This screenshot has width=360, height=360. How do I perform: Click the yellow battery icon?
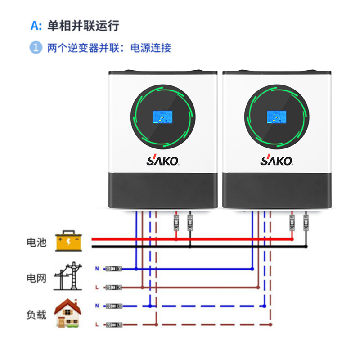pos(69,241)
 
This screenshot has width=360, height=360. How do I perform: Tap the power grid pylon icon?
pos(68,276)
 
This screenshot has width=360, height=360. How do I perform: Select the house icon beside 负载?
pos(68,313)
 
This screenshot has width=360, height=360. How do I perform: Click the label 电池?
pos(36,243)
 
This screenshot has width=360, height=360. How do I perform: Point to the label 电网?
pos(36,278)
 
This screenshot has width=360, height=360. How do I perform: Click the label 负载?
pos(36,315)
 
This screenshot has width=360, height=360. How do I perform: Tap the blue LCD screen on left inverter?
pos(163,117)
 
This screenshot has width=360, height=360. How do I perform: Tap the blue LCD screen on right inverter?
pos(276,117)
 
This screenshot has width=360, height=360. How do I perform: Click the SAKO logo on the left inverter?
pos(163,160)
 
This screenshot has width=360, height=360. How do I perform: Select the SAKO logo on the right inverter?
pos(276,160)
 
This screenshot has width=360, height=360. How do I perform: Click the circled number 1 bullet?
pos(36,48)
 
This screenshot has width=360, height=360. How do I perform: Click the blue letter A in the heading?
pos(35,26)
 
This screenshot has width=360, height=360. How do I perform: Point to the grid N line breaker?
pos(113,269)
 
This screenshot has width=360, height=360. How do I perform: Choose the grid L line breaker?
pos(113,288)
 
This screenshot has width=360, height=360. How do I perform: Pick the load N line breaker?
pos(114,306)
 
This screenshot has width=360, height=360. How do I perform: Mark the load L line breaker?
pos(114,325)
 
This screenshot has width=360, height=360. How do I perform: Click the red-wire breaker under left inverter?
pos(176,223)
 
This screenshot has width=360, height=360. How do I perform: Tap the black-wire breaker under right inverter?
pos(306,223)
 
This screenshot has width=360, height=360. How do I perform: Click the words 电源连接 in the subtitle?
pos(151,48)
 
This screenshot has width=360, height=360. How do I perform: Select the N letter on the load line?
pos(97,306)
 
